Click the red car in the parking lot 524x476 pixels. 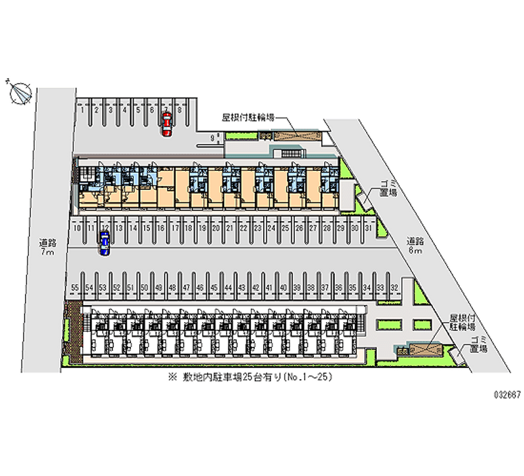[167, 124]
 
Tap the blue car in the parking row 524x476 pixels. [105, 243]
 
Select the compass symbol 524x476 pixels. [21, 93]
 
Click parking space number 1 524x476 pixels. [82, 110]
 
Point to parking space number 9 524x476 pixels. [212, 138]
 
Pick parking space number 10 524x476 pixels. [77, 228]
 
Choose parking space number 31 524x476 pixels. [369, 228]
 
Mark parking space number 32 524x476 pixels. [394, 287]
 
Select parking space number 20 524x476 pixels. [215, 228]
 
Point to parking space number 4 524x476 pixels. [124, 110]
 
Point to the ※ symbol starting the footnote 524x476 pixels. [172, 378]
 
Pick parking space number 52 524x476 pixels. [116, 287]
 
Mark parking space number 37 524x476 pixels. [324, 287]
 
